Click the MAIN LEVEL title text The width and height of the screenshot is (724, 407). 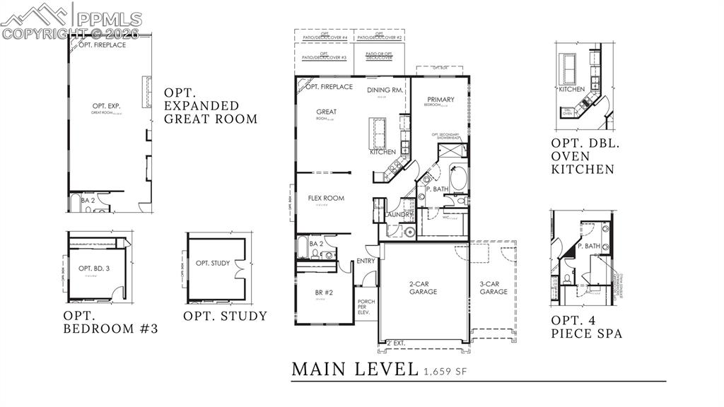tap(355, 368)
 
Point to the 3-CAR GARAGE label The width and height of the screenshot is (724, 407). tap(494, 287)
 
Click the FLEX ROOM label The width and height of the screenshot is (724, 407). tap(326, 198)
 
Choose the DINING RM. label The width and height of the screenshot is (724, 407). tap(385, 90)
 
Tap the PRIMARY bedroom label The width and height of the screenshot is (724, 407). tap(440, 100)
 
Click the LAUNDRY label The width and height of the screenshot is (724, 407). tap(398, 214)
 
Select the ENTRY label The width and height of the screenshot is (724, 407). tap(366, 261)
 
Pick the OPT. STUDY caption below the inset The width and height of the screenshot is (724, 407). tap(225, 316)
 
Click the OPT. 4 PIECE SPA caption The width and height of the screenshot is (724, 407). tap(586, 326)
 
